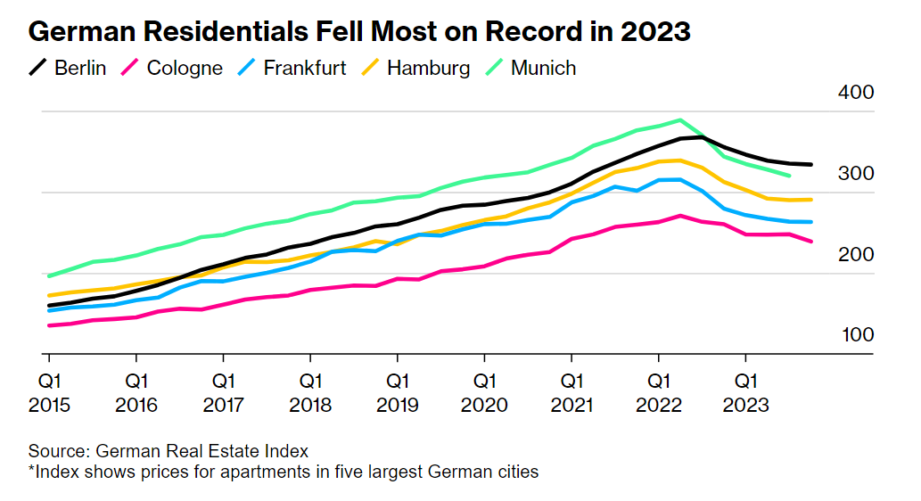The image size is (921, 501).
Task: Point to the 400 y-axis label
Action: coord(855,93)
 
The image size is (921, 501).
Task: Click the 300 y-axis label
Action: coord(855,174)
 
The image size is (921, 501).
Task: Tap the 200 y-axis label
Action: coord(855,255)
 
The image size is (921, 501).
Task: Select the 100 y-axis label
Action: coord(855,335)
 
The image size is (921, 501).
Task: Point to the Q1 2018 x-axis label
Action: coord(310,393)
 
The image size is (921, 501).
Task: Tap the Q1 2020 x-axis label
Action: coord(484,393)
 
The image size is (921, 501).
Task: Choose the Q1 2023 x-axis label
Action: coord(746,393)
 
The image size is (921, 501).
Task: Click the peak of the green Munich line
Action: coord(680,119)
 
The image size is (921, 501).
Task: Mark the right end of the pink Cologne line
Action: coord(811,242)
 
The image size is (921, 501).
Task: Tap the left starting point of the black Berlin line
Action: coord(48,306)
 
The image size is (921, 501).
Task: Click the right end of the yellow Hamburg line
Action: coord(811,199)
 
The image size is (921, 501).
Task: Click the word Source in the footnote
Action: coord(57,451)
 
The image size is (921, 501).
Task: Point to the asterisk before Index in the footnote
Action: coord(31,470)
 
